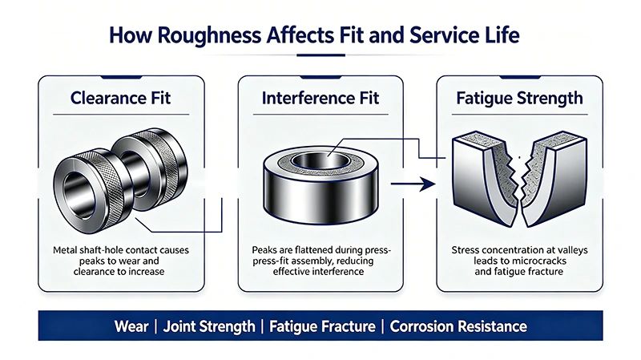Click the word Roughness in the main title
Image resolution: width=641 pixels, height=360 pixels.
pyautogui.click(x=209, y=35)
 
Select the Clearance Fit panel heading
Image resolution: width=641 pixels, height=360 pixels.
pyautogui.click(x=121, y=98)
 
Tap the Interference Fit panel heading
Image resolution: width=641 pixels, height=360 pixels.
pyautogui.click(x=320, y=98)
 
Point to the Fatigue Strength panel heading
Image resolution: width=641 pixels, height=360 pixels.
pyautogui.click(x=519, y=99)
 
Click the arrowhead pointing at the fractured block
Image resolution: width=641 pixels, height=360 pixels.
pyautogui.click(x=428, y=184)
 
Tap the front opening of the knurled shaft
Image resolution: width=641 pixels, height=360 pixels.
pyautogui.click(x=78, y=193)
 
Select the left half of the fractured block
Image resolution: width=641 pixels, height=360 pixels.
pyautogui.click(x=484, y=179)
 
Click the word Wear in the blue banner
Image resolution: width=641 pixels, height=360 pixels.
pyautogui.click(x=131, y=326)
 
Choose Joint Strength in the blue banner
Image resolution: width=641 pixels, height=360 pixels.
pyautogui.click(x=209, y=326)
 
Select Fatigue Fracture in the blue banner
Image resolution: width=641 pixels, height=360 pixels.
pyautogui.click(x=323, y=326)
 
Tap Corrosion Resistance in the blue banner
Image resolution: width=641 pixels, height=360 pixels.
pyautogui.click(x=458, y=326)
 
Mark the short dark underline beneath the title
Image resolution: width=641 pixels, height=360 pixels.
pyautogui.click(x=321, y=55)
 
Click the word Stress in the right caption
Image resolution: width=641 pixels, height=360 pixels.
pyautogui.click(x=465, y=250)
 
